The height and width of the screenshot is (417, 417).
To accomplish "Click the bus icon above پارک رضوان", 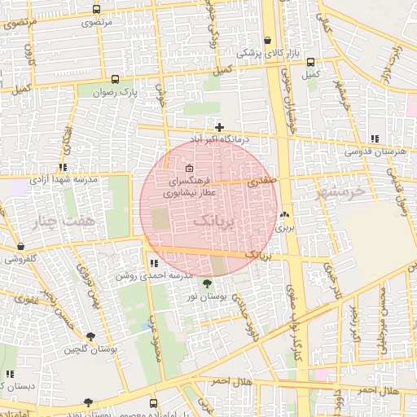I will pos(114,80).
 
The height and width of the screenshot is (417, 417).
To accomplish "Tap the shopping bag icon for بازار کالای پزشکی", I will pos(268,40).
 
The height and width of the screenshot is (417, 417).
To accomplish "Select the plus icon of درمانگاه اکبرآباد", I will pos(219,126).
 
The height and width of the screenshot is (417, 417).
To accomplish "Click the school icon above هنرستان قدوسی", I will pos(373,139).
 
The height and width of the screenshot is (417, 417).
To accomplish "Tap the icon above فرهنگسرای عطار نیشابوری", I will pos(190,169).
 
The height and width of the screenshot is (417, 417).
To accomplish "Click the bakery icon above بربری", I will pos(283,216).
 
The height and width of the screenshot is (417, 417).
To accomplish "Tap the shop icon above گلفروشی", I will pos(19,246).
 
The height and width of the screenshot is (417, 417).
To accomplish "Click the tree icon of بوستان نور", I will pos(205,283).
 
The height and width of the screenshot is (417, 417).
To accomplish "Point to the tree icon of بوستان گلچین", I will pos(89,336).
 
